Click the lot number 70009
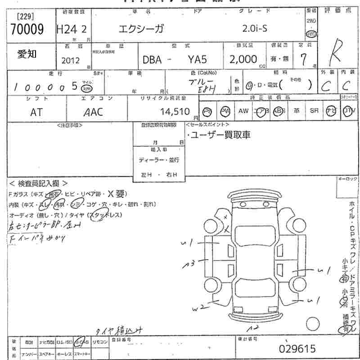coord(27,30)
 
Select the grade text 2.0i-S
coord(255,29)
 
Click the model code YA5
coord(198,59)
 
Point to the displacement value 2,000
coord(243,59)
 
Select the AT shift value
coord(36,112)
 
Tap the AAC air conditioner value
coord(93,112)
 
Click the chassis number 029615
coord(297,349)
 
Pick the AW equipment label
coord(243,111)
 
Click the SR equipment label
coord(314,111)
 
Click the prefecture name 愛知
coord(27,54)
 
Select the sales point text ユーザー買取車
coord(220,135)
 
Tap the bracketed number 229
coord(25,16)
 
